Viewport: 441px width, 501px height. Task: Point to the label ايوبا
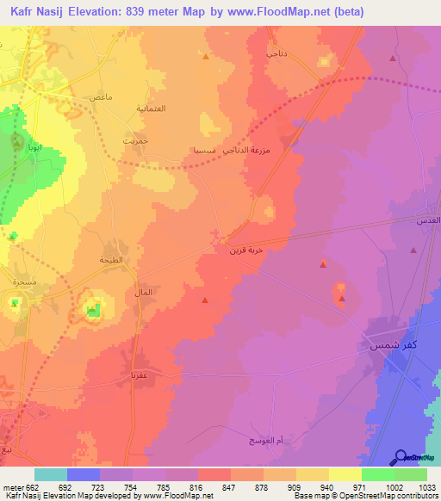pyautogui.click(x=40, y=148)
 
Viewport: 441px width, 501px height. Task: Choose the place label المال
pyautogui.click(x=144, y=293)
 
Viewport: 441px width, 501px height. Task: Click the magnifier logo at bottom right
pyautogui.click(x=402, y=458)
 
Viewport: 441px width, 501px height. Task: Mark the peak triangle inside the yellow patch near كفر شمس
pyautogui.click(x=342, y=299)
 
